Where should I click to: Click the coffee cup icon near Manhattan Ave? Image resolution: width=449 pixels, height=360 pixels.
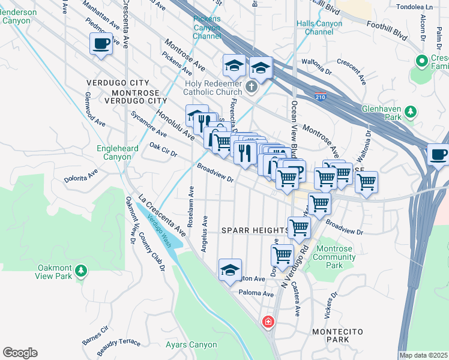[101, 44]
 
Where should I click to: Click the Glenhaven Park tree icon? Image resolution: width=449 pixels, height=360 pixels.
[411, 112]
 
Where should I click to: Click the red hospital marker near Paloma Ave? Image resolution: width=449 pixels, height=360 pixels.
[268, 322]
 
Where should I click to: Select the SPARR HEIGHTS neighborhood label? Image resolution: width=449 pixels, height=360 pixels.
[255, 230]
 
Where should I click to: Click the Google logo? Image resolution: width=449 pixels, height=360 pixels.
[20, 353]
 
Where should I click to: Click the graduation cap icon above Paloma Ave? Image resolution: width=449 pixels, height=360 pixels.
[230, 271]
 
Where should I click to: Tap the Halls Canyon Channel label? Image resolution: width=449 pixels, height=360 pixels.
[319, 28]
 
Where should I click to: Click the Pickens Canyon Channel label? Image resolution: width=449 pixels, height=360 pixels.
[206, 27]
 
